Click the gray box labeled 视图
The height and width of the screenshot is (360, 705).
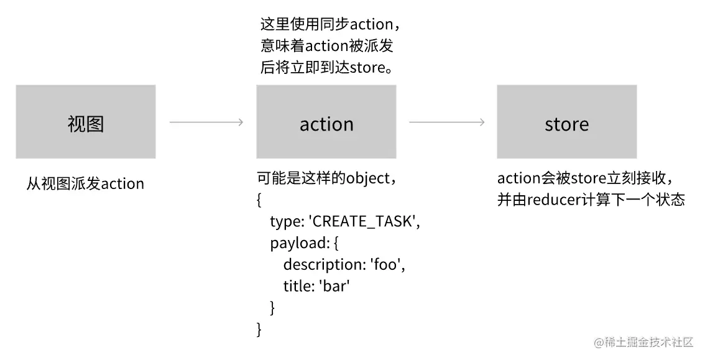click(x=86, y=122)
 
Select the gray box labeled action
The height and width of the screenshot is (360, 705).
click(x=326, y=122)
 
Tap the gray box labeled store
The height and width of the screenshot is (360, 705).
click(x=566, y=122)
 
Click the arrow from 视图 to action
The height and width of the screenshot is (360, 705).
click(x=206, y=122)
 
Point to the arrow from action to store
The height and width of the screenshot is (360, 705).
click(x=446, y=122)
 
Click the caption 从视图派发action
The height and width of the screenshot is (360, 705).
click(x=85, y=184)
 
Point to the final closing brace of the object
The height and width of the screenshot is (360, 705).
click(x=259, y=328)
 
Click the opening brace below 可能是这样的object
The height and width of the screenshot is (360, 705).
click(x=259, y=200)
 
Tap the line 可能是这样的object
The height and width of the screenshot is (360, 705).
click(x=326, y=179)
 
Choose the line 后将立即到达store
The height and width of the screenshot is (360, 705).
click(x=326, y=68)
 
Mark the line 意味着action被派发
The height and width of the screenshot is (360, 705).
click(x=326, y=47)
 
